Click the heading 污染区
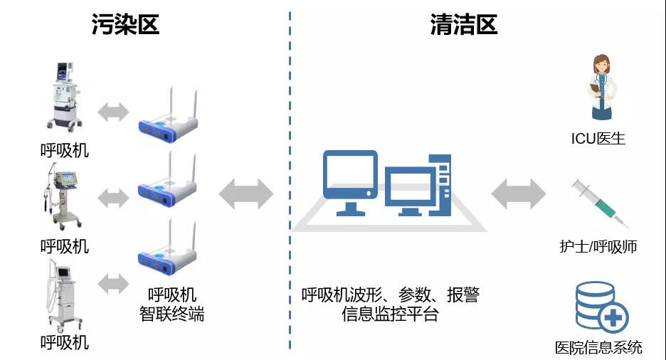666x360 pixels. [x=125, y=25]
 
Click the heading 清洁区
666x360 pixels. [x=463, y=25]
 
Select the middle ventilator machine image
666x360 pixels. [x=63, y=196]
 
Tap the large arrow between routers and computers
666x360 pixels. [x=245, y=194]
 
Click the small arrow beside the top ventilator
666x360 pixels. [x=114, y=112]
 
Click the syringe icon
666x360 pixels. [x=596, y=199]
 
